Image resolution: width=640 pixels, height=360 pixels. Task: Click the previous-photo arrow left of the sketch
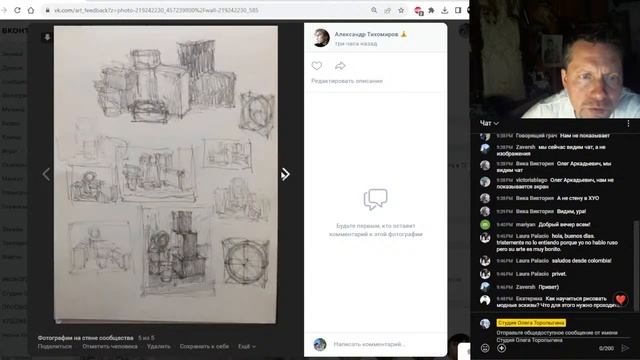[44, 174]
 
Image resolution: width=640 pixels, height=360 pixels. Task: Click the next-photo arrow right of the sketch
[285, 174]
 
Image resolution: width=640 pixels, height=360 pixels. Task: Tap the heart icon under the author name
[317, 66]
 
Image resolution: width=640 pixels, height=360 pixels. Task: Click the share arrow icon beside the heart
[340, 66]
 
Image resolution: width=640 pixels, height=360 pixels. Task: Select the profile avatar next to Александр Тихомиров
[321, 37]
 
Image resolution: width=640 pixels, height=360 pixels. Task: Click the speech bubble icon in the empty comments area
[375, 199]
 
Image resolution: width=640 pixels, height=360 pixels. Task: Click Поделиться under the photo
[55, 346]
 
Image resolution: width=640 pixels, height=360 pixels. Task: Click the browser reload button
[30, 9]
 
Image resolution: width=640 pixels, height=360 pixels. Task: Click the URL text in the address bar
[160, 9]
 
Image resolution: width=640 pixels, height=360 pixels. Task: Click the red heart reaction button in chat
[619, 299]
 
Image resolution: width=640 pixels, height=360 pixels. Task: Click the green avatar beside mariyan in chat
[485, 225]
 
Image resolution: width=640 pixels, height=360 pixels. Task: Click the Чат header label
[486, 122]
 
